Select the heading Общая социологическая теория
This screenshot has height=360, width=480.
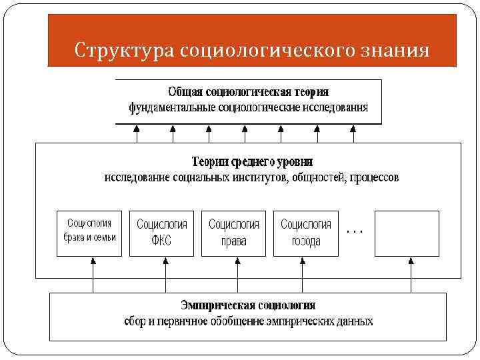pos(248,91)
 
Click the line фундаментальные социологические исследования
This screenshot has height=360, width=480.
pos(248,107)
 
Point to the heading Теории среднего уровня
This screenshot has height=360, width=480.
pos(252,162)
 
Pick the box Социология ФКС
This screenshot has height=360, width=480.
pos(162,233)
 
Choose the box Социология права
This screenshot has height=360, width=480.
pos(234,233)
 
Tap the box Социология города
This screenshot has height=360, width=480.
pos(306,233)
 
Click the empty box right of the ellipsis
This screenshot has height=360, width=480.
pos(407,233)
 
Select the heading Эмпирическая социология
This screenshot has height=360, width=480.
pos(248,305)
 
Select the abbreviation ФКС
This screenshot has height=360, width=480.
pos(162,241)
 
